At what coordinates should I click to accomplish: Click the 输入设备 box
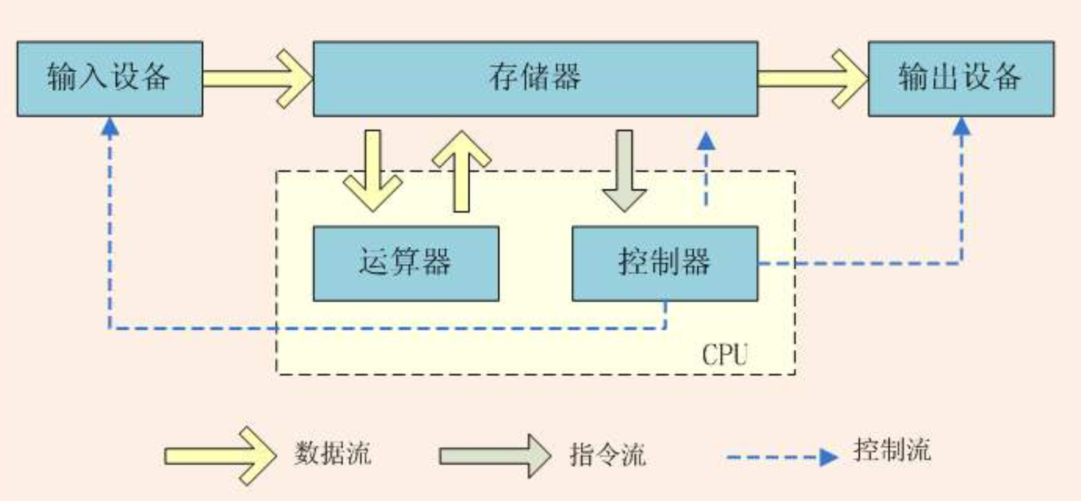click(x=109, y=79)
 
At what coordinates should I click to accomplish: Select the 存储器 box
click(x=535, y=79)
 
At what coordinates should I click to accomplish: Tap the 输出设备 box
click(x=961, y=79)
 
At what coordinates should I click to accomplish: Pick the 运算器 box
click(x=406, y=263)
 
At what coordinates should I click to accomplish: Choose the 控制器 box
click(x=664, y=263)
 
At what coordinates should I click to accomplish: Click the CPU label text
click(x=724, y=355)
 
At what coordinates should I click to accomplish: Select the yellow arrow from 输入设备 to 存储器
click(x=257, y=79)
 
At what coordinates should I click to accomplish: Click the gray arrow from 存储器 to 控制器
click(x=624, y=171)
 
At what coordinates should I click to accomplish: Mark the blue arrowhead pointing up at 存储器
click(x=706, y=141)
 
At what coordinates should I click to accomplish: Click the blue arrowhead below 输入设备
click(x=110, y=127)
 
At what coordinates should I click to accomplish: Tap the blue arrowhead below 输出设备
click(x=961, y=127)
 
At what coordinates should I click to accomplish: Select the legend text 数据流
click(x=332, y=453)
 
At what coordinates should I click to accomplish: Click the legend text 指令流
click(x=607, y=454)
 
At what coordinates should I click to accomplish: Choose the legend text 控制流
click(x=891, y=450)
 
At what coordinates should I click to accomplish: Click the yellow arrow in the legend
click(x=220, y=455)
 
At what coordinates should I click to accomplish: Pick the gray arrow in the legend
click(x=495, y=455)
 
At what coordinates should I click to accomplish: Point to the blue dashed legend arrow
click(x=781, y=457)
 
